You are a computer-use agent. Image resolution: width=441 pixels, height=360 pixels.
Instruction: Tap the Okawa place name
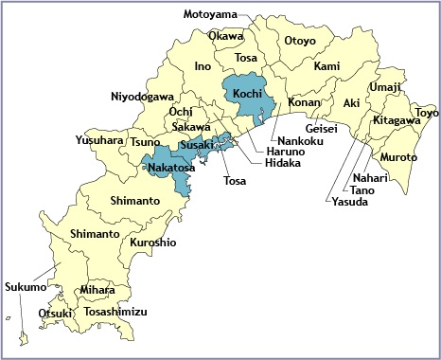point(225,37)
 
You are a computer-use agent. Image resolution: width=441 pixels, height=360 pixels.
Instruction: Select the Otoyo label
point(300,41)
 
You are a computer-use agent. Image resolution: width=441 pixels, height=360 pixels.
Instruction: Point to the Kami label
point(326,66)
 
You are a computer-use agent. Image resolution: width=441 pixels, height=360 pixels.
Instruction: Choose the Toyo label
point(427,114)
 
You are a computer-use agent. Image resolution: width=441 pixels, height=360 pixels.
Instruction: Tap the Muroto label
point(398,156)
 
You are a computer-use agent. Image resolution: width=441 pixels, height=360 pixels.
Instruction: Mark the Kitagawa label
point(397,121)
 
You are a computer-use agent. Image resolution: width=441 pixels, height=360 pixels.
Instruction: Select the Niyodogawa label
point(142,97)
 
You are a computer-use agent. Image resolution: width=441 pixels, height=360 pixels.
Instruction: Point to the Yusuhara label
point(99,141)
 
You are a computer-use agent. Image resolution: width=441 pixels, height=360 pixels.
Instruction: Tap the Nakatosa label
point(173,170)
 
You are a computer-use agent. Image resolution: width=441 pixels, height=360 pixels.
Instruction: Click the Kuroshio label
point(153,243)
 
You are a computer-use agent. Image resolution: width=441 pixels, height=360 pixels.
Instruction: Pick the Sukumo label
point(24,286)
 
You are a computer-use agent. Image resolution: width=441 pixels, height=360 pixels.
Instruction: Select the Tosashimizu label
point(115,311)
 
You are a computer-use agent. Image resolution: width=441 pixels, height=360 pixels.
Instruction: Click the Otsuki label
point(55,313)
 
